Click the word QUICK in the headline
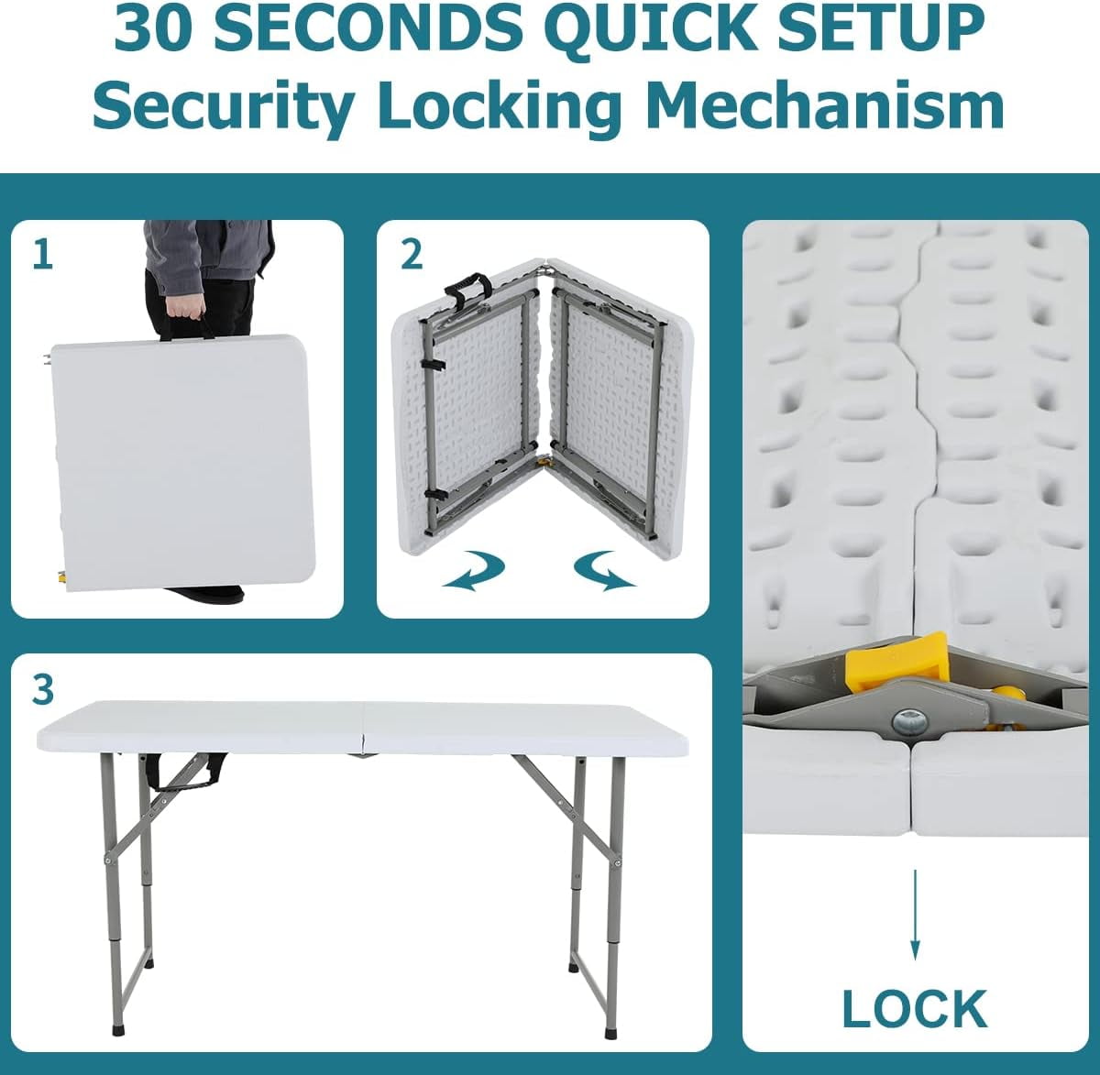coord(654,27)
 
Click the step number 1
coord(43,255)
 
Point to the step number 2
coord(412,255)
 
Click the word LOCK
coord(915,1009)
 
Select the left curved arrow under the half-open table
coord(474,571)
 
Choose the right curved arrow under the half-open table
coord(605,571)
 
